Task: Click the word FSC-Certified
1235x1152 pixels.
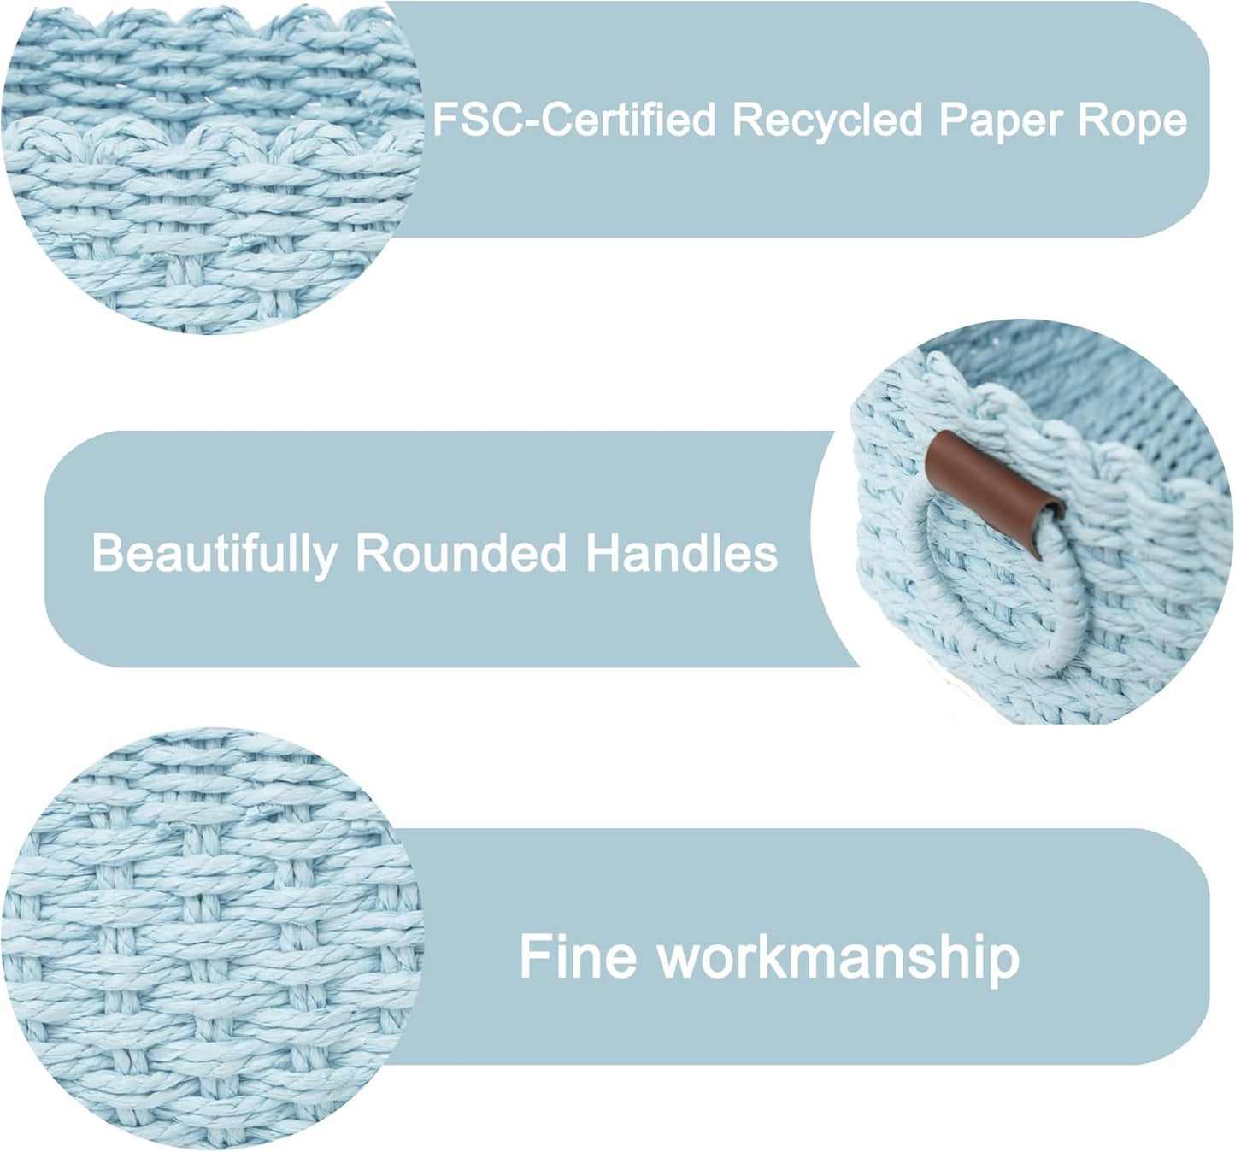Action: (573, 120)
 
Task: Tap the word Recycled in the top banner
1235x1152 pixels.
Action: (826, 120)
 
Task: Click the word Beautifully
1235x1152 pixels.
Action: (213, 554)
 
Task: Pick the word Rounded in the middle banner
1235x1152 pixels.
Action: (461, 552)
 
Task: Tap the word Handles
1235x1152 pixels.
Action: (681, 552)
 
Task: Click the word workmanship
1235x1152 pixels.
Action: (838, 956)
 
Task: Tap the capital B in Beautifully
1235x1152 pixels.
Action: (106, 552)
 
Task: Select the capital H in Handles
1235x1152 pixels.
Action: (601, 552)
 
